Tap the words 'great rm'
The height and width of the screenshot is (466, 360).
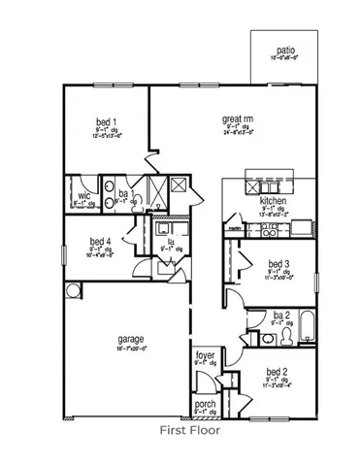(238, 115)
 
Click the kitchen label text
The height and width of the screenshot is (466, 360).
(275, 201)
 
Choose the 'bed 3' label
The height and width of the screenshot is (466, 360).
(278, 263)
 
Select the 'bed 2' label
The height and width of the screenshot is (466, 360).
(278, 372)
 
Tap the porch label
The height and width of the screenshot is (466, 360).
(205, 404)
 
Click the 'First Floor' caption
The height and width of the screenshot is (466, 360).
(190, 427)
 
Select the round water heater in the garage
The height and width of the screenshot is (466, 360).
(73, 291)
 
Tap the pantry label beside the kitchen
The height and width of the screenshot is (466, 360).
(234, 229)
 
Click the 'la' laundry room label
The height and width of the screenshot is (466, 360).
(171, 240)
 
